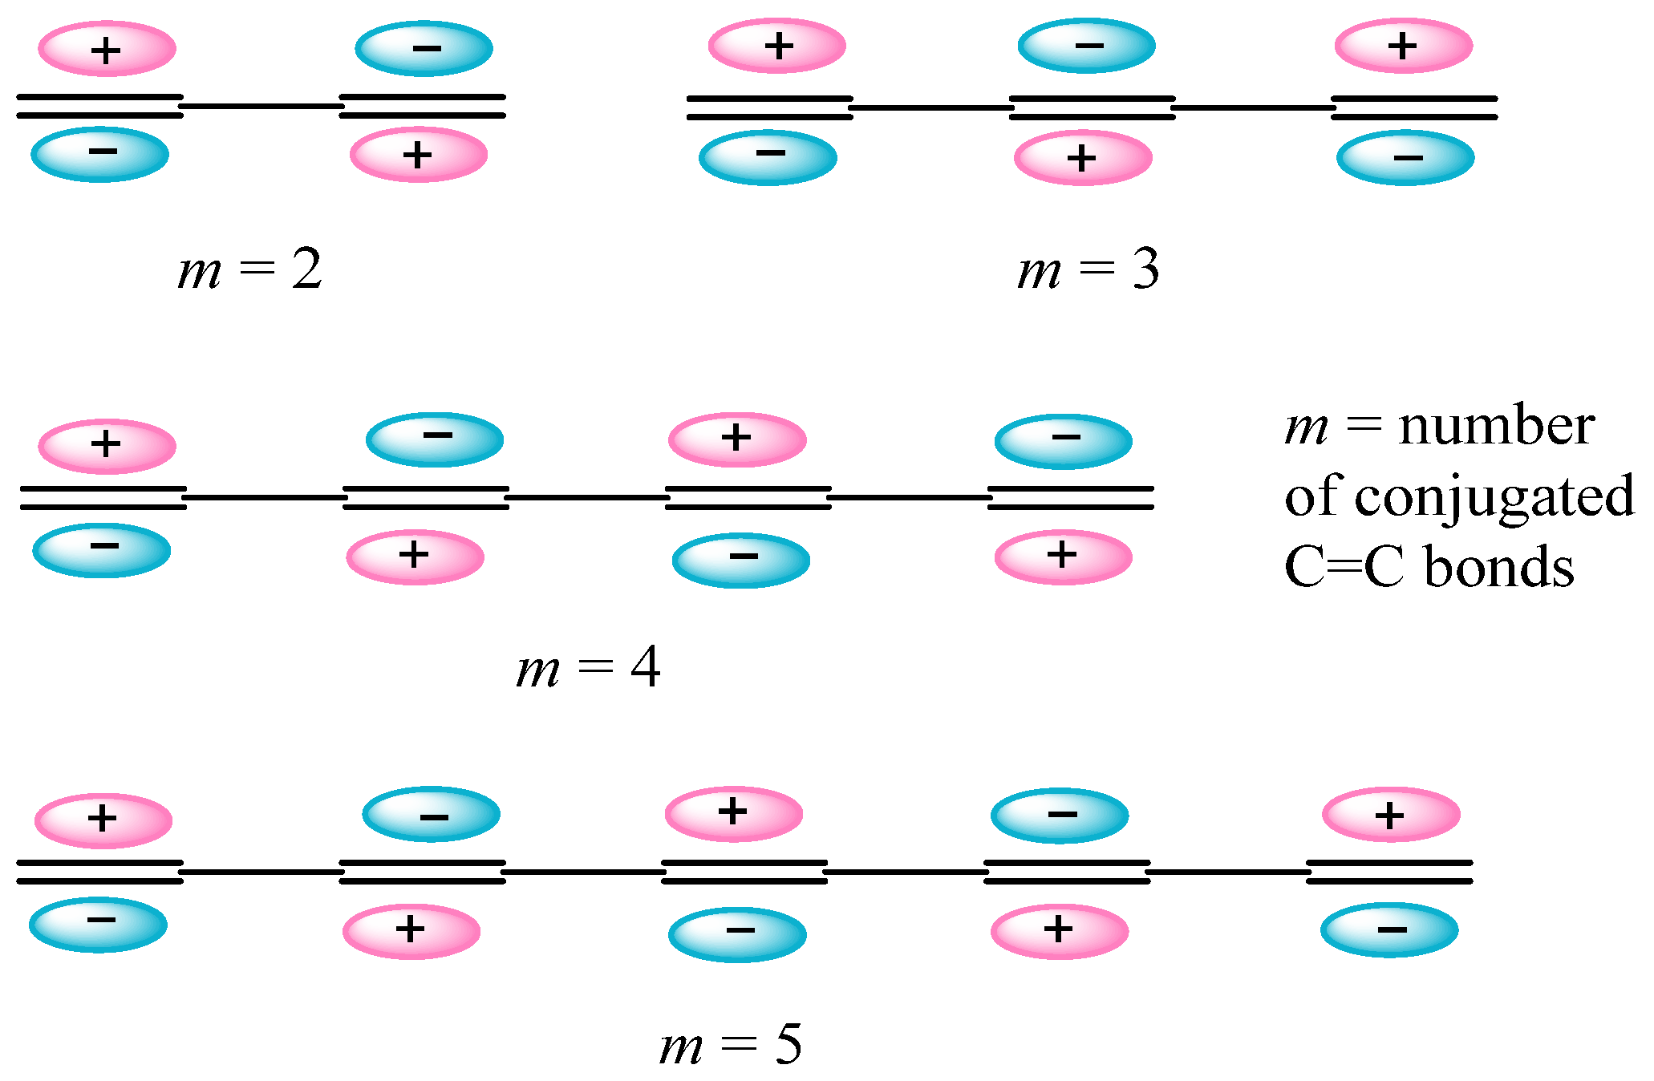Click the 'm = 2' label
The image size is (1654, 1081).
(249, 270)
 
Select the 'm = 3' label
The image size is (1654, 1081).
(1088, 270)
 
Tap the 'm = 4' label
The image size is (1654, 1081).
(588, 668)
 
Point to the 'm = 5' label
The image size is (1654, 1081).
(730, 1045)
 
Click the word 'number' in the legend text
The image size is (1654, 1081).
(1496, 426)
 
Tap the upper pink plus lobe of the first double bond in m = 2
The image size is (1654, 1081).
(107, 49)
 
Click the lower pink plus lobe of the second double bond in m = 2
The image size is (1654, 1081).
(418, 154)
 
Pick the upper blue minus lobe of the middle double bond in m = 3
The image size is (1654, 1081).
(1086, 46)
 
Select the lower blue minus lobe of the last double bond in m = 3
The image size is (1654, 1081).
(1405, 157)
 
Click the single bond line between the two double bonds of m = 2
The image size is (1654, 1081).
(261, 105)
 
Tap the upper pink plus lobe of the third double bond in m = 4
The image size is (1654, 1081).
(736, 439)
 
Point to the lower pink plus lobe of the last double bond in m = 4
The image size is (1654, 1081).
(1063, 556)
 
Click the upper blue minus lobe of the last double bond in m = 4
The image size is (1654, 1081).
(1063, 440)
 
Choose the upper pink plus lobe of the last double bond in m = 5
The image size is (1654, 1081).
(1390, 815)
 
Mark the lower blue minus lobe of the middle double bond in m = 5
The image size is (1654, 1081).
(736, 933)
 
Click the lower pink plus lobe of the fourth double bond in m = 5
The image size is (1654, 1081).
(1059, 930)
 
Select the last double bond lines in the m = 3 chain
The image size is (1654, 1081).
(1414, 107)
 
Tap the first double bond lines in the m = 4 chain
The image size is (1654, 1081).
(103, 497)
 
